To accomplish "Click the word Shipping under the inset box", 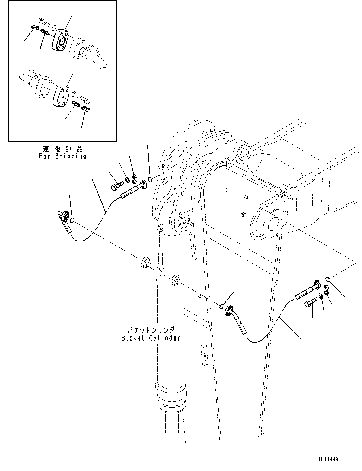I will [71, 156].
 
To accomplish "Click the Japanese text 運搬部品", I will [63, 148].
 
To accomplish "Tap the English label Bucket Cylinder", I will [151, 338].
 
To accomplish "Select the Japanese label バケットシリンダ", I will [151, 330].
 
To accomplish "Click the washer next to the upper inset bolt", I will [54, 27].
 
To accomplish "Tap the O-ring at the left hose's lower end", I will [73, 220].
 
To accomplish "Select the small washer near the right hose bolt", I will [320, 296].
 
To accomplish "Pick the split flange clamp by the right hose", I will [326, 289].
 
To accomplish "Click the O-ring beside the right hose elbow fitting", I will [222, 306].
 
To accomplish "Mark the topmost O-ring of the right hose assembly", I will [328, 278].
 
